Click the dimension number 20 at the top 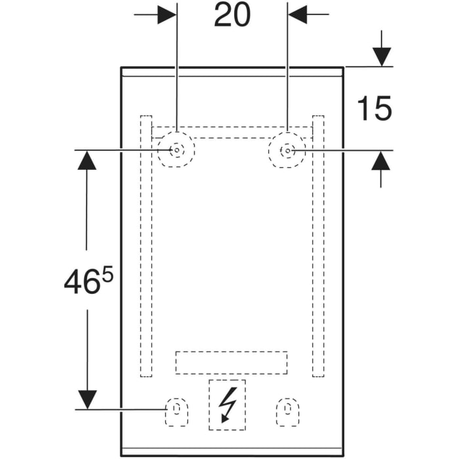click(232, 15)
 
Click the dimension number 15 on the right click(374, 108)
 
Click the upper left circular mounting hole click(176, 150)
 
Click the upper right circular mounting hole click(287, 150)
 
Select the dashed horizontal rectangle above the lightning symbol click(231, 362)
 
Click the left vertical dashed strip click(146, 247)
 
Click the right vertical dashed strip click(318, 247)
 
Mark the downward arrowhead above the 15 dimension click(381, 58)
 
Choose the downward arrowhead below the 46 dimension click(87, 399)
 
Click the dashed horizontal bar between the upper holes click(231, 132)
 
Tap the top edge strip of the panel click(231, 71)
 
